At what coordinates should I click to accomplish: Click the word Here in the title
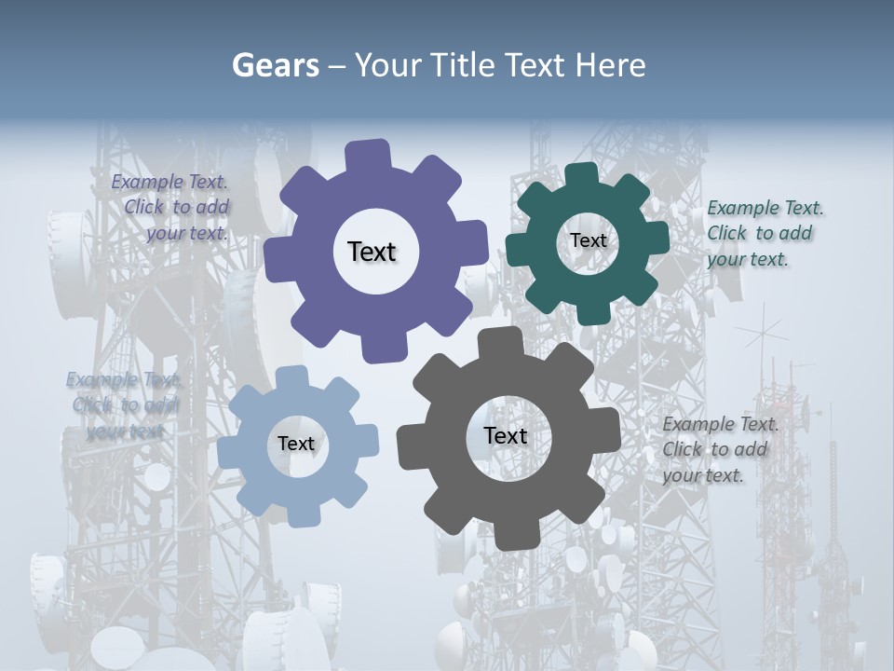tap(611, 65)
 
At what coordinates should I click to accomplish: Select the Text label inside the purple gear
tap(372, 252)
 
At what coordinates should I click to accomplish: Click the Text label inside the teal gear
tap(588, 240)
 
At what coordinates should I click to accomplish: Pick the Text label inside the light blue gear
tap(296, 445)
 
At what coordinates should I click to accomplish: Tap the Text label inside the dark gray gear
tap(506, 436)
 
